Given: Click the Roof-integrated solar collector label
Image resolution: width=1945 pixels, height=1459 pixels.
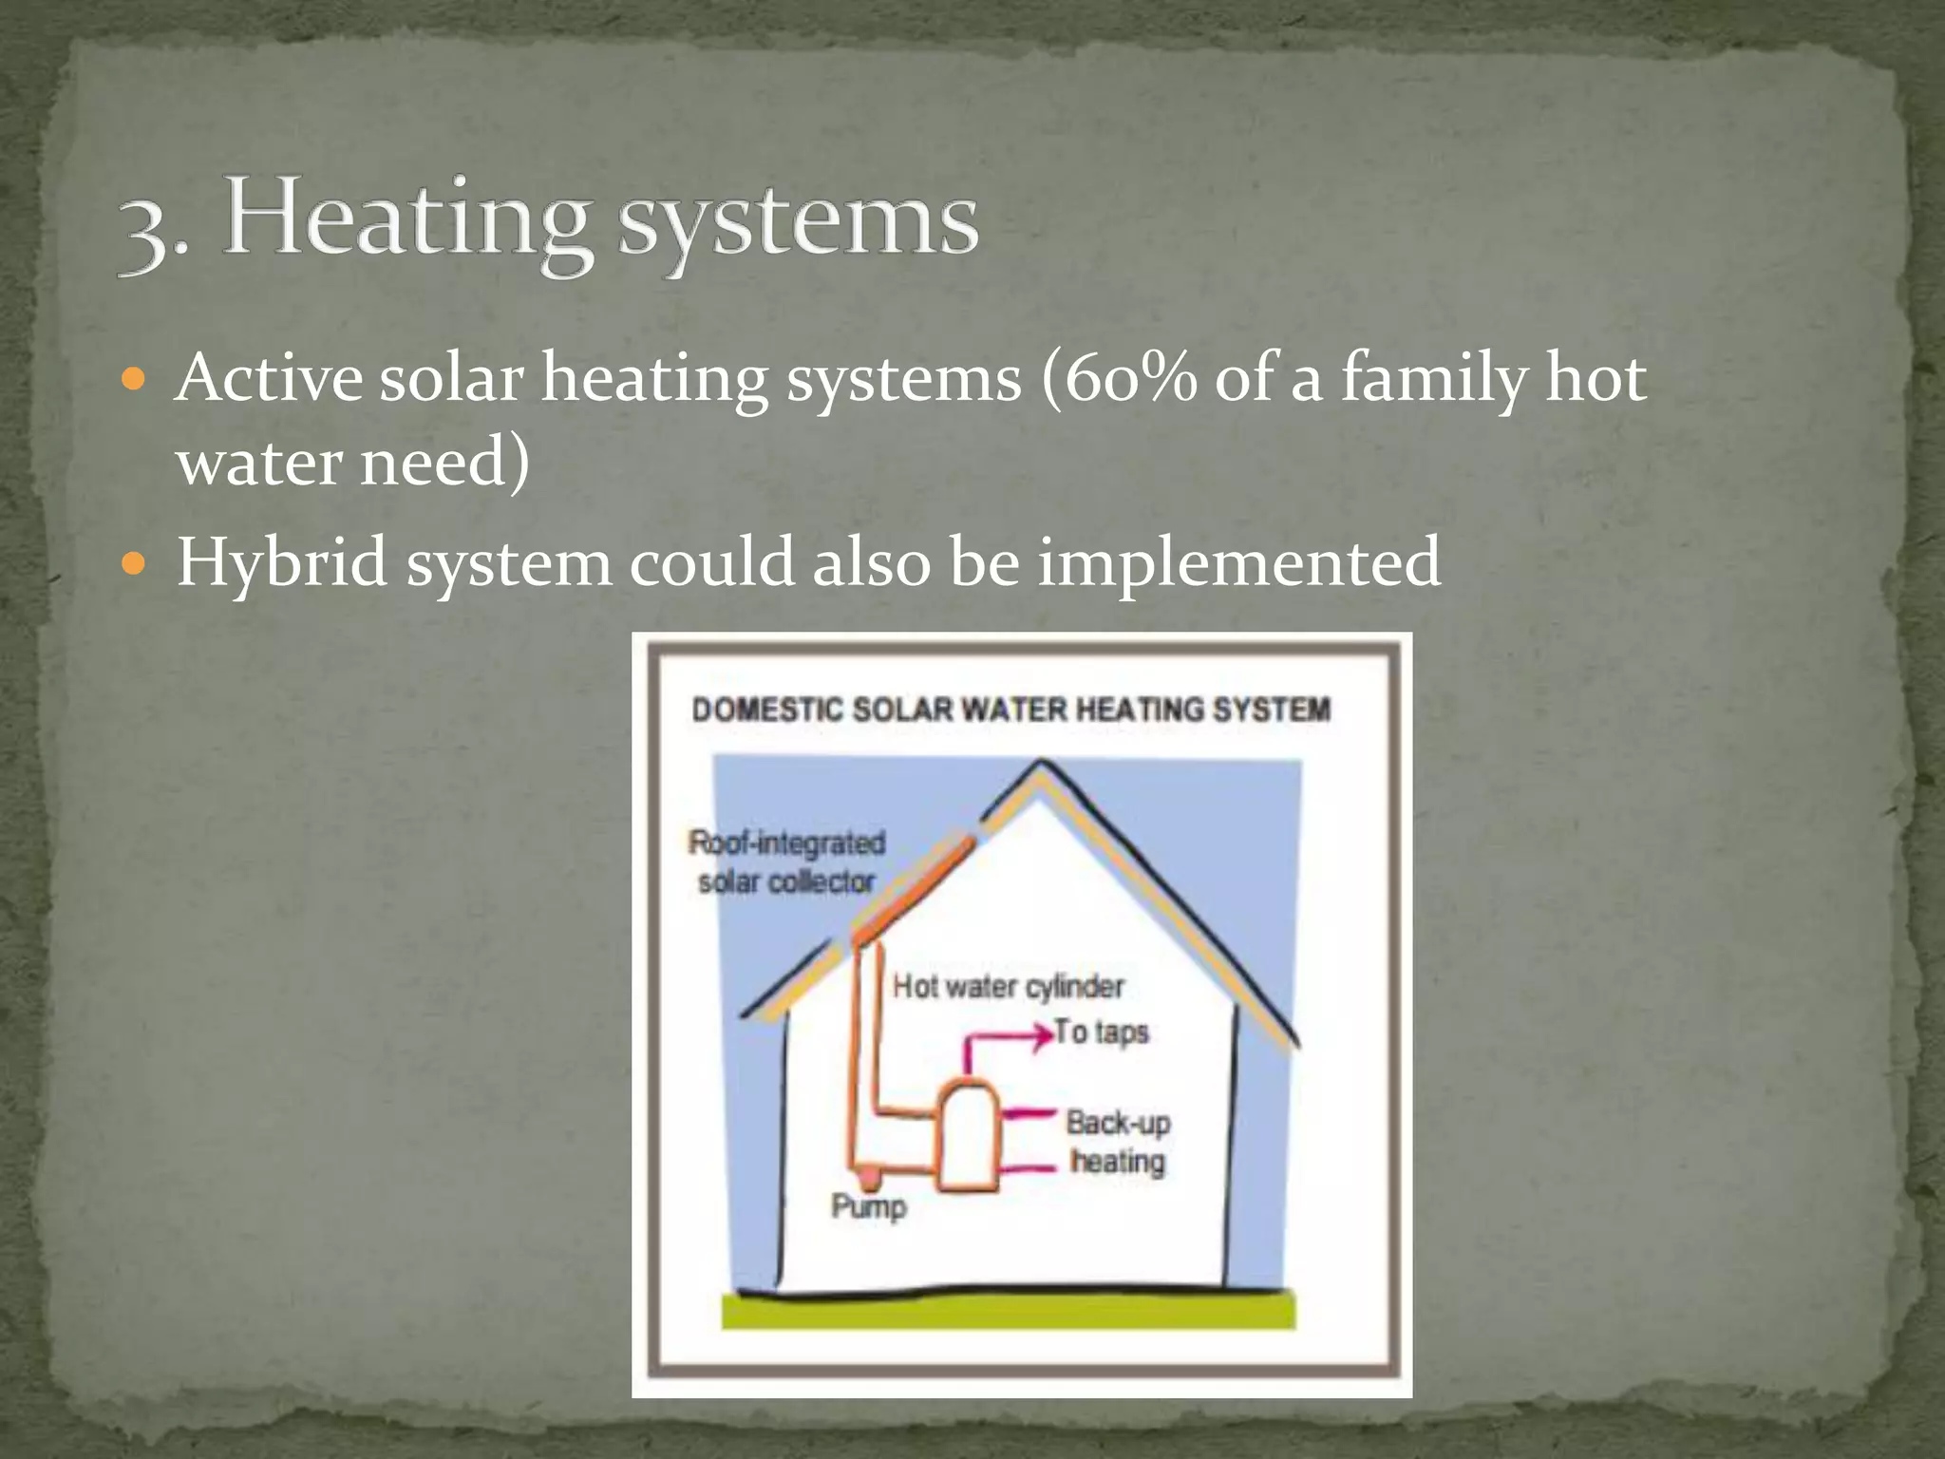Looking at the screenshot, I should coord(786,862).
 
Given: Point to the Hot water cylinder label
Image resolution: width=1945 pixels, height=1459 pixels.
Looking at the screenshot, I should coord(1008,987).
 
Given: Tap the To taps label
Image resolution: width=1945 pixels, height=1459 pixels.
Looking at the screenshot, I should coord(1102,1033).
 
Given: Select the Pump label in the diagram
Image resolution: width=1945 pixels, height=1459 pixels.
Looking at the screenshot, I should coord(869,1207).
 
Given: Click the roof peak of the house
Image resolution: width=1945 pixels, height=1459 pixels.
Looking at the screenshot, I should coord(1041,765).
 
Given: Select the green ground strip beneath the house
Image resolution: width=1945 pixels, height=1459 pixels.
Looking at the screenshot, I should coord(1008,1311).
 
